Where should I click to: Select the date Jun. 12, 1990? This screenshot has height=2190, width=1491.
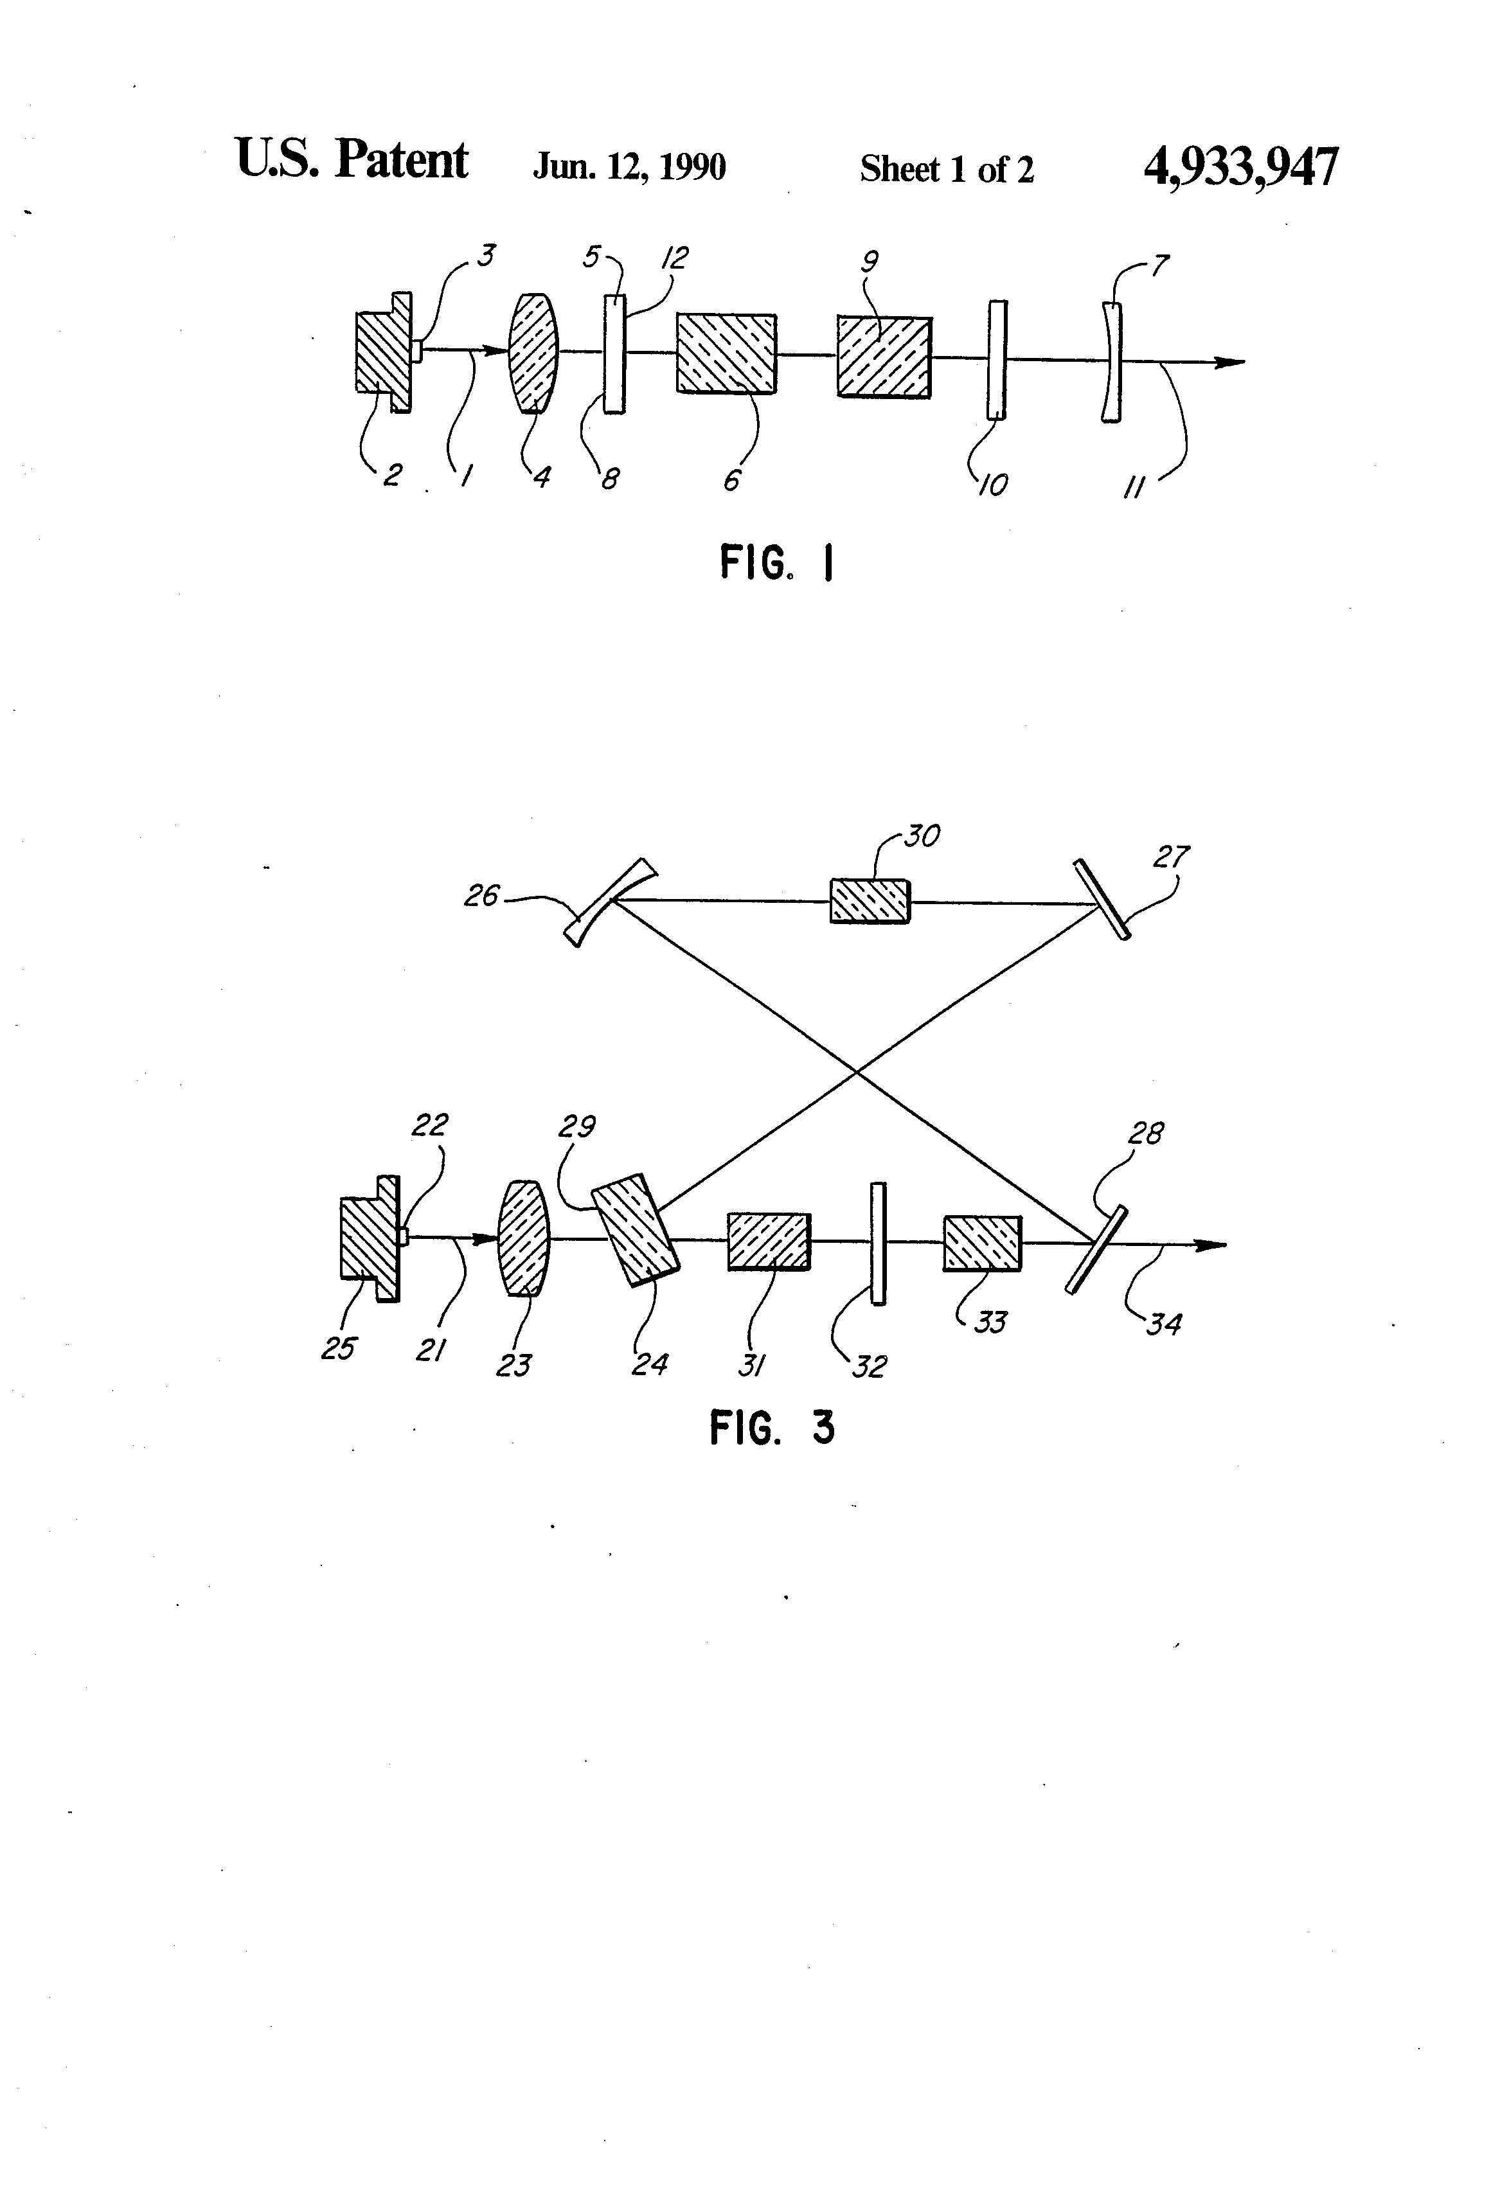coord(629,168)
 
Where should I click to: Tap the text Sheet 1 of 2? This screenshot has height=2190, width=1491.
coord(946,170)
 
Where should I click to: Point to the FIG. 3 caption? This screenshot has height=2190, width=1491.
coord(772,1429)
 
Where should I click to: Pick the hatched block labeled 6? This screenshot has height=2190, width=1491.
coord(726,353)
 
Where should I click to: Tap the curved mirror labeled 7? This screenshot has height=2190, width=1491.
coord(1111,361)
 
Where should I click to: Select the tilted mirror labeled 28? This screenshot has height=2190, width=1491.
coord(1096,1248)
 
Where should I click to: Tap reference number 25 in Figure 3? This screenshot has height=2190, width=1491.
coord(337,1348)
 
